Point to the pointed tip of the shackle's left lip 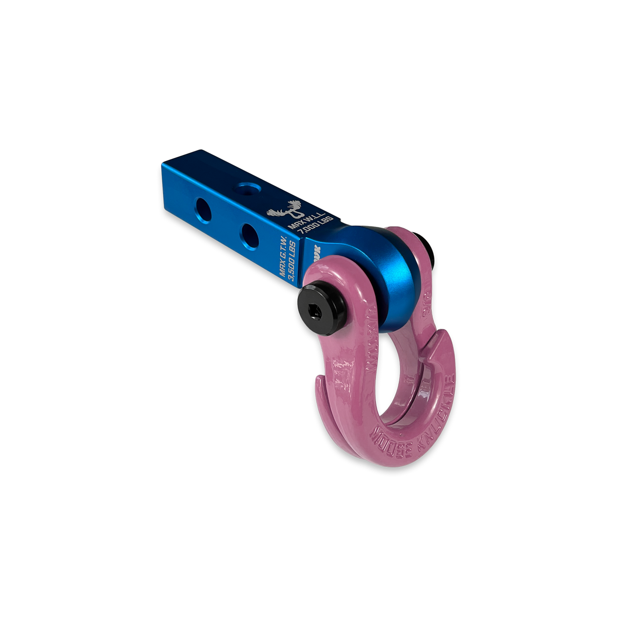point(318,379)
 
